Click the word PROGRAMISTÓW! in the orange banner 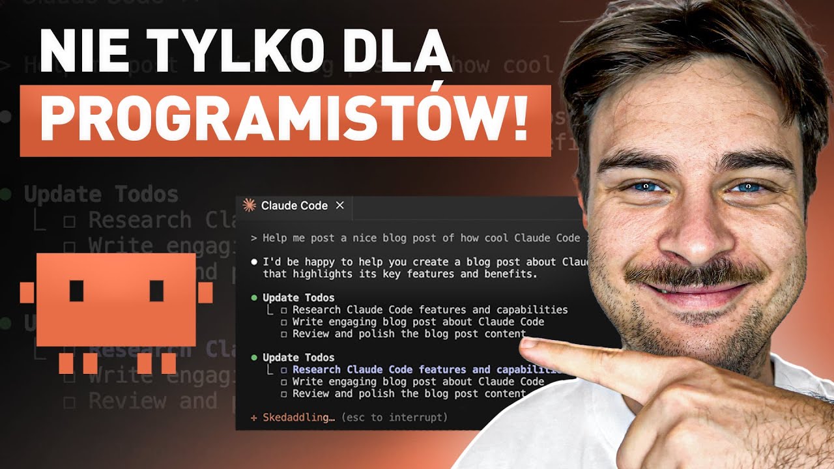tap(284, 121)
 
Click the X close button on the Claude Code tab tap(339, 205)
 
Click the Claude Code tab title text tap(294, 205)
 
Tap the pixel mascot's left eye tap(77, 291)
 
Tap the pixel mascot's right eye tap(156, 291)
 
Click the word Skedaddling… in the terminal tap(298, 417)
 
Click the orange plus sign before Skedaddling tap(253, 417)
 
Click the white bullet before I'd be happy tap(254, 262)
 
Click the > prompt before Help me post tap(253, 238)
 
